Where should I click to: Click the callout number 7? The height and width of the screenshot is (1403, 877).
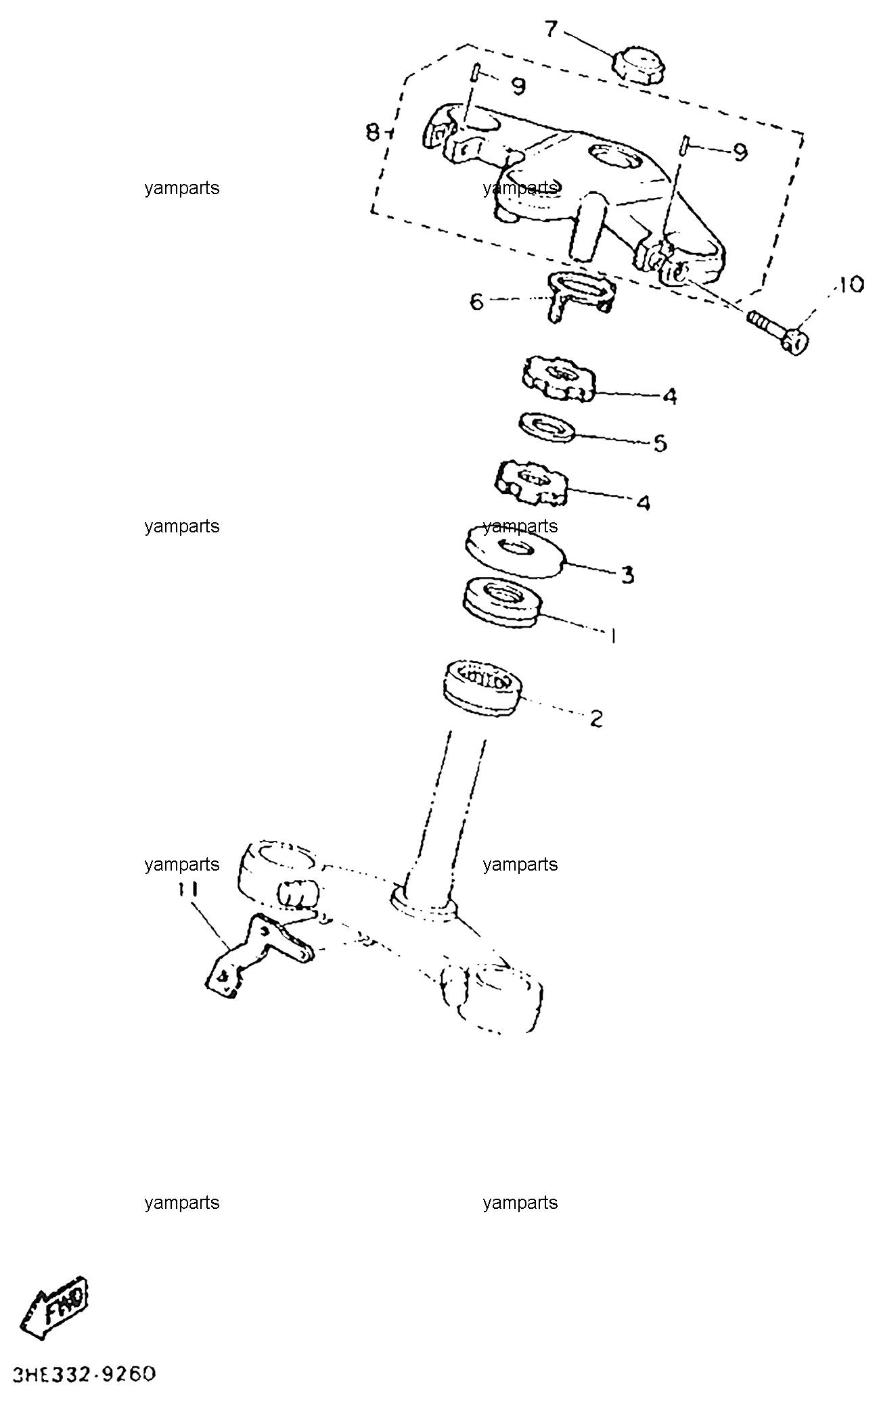[552, 30]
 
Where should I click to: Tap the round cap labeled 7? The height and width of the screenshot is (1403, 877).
[639, 64]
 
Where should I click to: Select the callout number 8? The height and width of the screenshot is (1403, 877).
[373, 133]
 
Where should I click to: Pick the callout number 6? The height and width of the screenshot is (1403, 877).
[476, 301]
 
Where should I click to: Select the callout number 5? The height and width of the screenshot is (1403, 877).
[660, 443]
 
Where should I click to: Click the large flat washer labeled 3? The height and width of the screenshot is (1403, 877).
[514, 549]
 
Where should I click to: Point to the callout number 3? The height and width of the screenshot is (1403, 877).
[627, 575]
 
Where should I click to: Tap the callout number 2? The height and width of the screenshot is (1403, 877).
[596, 718]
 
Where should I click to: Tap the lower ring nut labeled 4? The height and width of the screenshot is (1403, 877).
[532, 482]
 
